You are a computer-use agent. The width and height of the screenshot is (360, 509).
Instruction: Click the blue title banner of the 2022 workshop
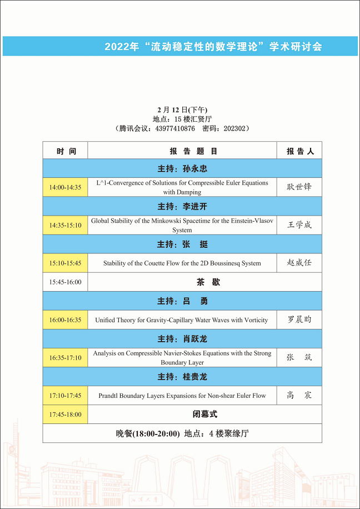[x=213, y=47]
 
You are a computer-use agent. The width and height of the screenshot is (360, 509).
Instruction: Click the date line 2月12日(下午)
[x=182, y=109]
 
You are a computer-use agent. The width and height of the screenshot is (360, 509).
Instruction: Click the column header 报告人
[x=300, y=151]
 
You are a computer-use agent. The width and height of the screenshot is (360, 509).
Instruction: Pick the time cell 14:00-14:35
[x=65, y=187]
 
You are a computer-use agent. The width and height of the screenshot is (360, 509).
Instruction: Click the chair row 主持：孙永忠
[x=182, y=169]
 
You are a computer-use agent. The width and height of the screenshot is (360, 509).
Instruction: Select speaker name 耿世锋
[x=299, y=187]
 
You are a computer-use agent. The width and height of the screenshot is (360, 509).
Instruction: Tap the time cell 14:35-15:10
[x=65, y=225]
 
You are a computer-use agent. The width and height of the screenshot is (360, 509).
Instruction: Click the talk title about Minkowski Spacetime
[x=182, y=225]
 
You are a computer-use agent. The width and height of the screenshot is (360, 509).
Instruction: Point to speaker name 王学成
[x=299, y=225]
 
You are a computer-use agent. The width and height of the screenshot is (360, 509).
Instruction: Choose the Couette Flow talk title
[x=182, y=263]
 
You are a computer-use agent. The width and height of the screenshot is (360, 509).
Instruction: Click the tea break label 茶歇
[x=208, y=282]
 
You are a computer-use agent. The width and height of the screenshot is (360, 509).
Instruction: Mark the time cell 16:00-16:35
[x=65, y=320]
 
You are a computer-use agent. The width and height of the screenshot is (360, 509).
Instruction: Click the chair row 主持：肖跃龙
[x=182, y=339]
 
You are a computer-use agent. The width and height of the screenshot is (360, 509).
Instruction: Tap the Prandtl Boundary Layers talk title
[x=182, y=396]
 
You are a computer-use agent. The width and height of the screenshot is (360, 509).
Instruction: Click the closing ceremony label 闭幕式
[x=204, y=414]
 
